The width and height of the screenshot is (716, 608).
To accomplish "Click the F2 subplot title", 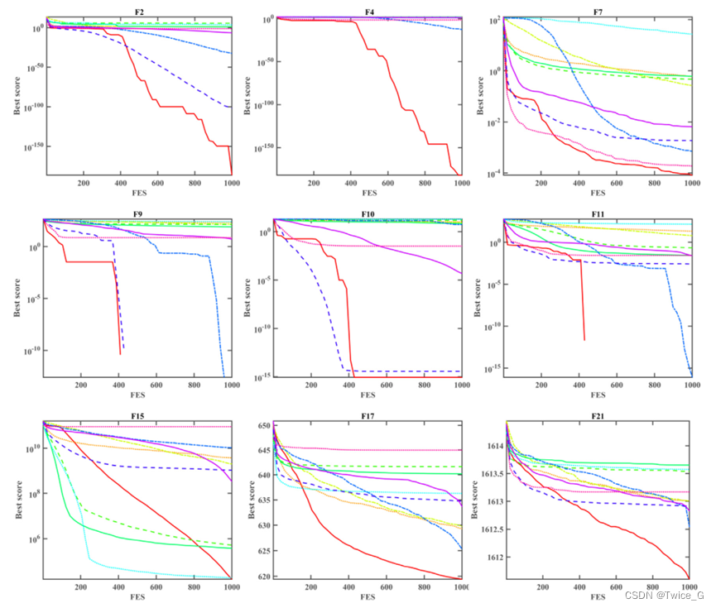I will [x=139, y=10].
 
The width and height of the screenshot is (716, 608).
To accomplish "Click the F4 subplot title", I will [x=369, y=10].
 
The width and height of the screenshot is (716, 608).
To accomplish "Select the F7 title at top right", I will [x=599, y=10].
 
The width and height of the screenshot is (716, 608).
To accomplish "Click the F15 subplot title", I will [x=139, y=415].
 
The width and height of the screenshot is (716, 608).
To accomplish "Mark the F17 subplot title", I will [x=369, y=415].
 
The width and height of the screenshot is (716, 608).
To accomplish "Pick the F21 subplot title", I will [x=599, y=415].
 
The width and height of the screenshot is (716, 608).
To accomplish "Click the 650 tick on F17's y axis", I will [x=262, y=425].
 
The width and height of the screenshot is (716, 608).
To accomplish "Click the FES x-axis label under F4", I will [x=369, y=194].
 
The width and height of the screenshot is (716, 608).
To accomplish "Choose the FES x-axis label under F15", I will [x=139, y=597].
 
